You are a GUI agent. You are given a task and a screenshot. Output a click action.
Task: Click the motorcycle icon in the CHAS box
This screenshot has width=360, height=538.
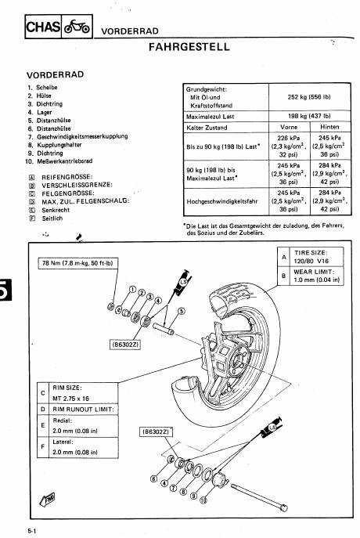click(77, 27)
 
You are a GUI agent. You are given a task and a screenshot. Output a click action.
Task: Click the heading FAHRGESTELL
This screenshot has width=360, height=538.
click(189, 47)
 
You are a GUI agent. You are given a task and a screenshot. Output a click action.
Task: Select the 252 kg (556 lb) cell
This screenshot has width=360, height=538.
click(309, 97)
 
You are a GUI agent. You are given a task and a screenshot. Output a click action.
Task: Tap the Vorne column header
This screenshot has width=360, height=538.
click(289, 127)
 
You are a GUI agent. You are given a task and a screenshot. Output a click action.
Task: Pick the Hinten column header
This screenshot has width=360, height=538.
click(329, 127)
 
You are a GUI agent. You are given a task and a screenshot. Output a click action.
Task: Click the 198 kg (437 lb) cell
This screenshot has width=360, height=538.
click(309, 116)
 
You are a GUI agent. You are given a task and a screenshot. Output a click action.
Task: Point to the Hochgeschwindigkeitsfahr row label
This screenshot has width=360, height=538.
click(222, 201)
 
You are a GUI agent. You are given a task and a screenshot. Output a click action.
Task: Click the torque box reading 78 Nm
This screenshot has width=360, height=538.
click(77, 263)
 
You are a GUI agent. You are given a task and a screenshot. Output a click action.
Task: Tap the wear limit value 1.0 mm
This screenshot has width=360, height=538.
click(316, 280)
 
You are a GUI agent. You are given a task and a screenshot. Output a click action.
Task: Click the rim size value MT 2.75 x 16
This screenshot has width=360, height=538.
click(70, 399)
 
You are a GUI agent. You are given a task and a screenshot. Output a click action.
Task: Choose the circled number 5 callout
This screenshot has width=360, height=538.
click(182, 311)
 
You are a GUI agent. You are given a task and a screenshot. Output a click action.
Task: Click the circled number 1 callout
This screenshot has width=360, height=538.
click(133, 290)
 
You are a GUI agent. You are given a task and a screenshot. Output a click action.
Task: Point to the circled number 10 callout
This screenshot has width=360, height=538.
click(203, 500)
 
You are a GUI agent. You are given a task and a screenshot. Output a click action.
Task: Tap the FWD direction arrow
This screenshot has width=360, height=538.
click(48, 499)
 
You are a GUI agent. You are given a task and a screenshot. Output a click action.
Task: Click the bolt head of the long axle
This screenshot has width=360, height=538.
click(283, 507)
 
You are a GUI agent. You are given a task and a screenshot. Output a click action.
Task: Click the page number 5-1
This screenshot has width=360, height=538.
click(32, 531)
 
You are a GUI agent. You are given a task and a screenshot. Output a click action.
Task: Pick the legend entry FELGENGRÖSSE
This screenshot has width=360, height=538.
click(68, 193)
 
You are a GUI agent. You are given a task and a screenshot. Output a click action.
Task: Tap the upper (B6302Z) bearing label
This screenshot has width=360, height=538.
click(125, 344)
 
